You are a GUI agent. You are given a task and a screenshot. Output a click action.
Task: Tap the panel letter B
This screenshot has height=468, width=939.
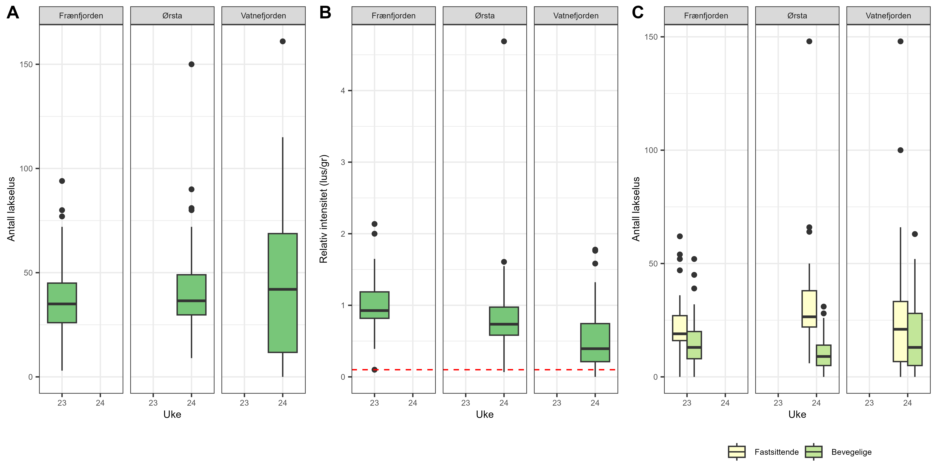[325, 13]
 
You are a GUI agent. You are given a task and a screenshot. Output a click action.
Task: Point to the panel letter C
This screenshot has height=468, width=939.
[638, 13]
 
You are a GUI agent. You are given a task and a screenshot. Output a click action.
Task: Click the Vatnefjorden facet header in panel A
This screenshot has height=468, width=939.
[263, 16]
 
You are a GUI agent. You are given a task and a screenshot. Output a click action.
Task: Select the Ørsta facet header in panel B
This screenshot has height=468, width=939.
[484, 16]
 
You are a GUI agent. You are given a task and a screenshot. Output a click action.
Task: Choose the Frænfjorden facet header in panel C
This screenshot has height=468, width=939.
[706, 16]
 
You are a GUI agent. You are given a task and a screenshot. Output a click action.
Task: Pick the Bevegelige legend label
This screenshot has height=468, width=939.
[851, 452]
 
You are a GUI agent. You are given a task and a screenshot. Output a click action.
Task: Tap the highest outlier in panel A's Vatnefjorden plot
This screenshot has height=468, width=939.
[282, 41]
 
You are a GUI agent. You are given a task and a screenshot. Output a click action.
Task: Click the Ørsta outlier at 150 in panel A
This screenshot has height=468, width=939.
[191, 64]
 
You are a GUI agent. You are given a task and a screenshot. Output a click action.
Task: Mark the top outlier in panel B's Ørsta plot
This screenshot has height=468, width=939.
[504, 41]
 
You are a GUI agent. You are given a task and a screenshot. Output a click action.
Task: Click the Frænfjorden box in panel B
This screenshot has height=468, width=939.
[374, 305]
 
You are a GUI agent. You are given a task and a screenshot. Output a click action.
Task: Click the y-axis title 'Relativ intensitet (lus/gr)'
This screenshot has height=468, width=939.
[324, 209]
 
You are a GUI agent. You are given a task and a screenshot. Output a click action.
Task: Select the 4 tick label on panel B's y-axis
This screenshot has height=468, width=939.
[343, 91]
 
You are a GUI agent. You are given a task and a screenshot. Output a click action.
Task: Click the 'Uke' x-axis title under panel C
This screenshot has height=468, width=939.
[797, 414]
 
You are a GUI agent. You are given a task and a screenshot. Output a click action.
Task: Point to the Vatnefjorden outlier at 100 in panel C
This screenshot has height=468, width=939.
[900, 150]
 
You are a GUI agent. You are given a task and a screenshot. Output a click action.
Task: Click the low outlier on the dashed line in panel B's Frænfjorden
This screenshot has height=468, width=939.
[374, 370]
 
